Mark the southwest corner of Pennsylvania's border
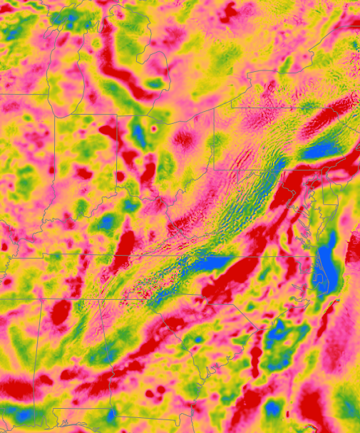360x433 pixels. tap(214, 170)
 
